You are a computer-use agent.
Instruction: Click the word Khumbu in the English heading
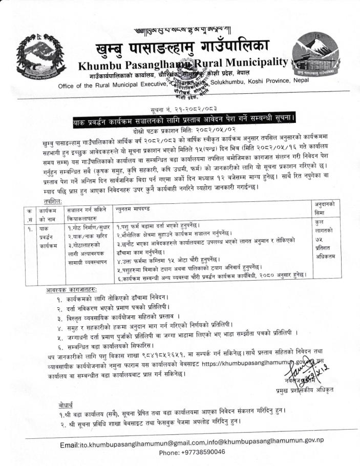[x=101, y=66]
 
